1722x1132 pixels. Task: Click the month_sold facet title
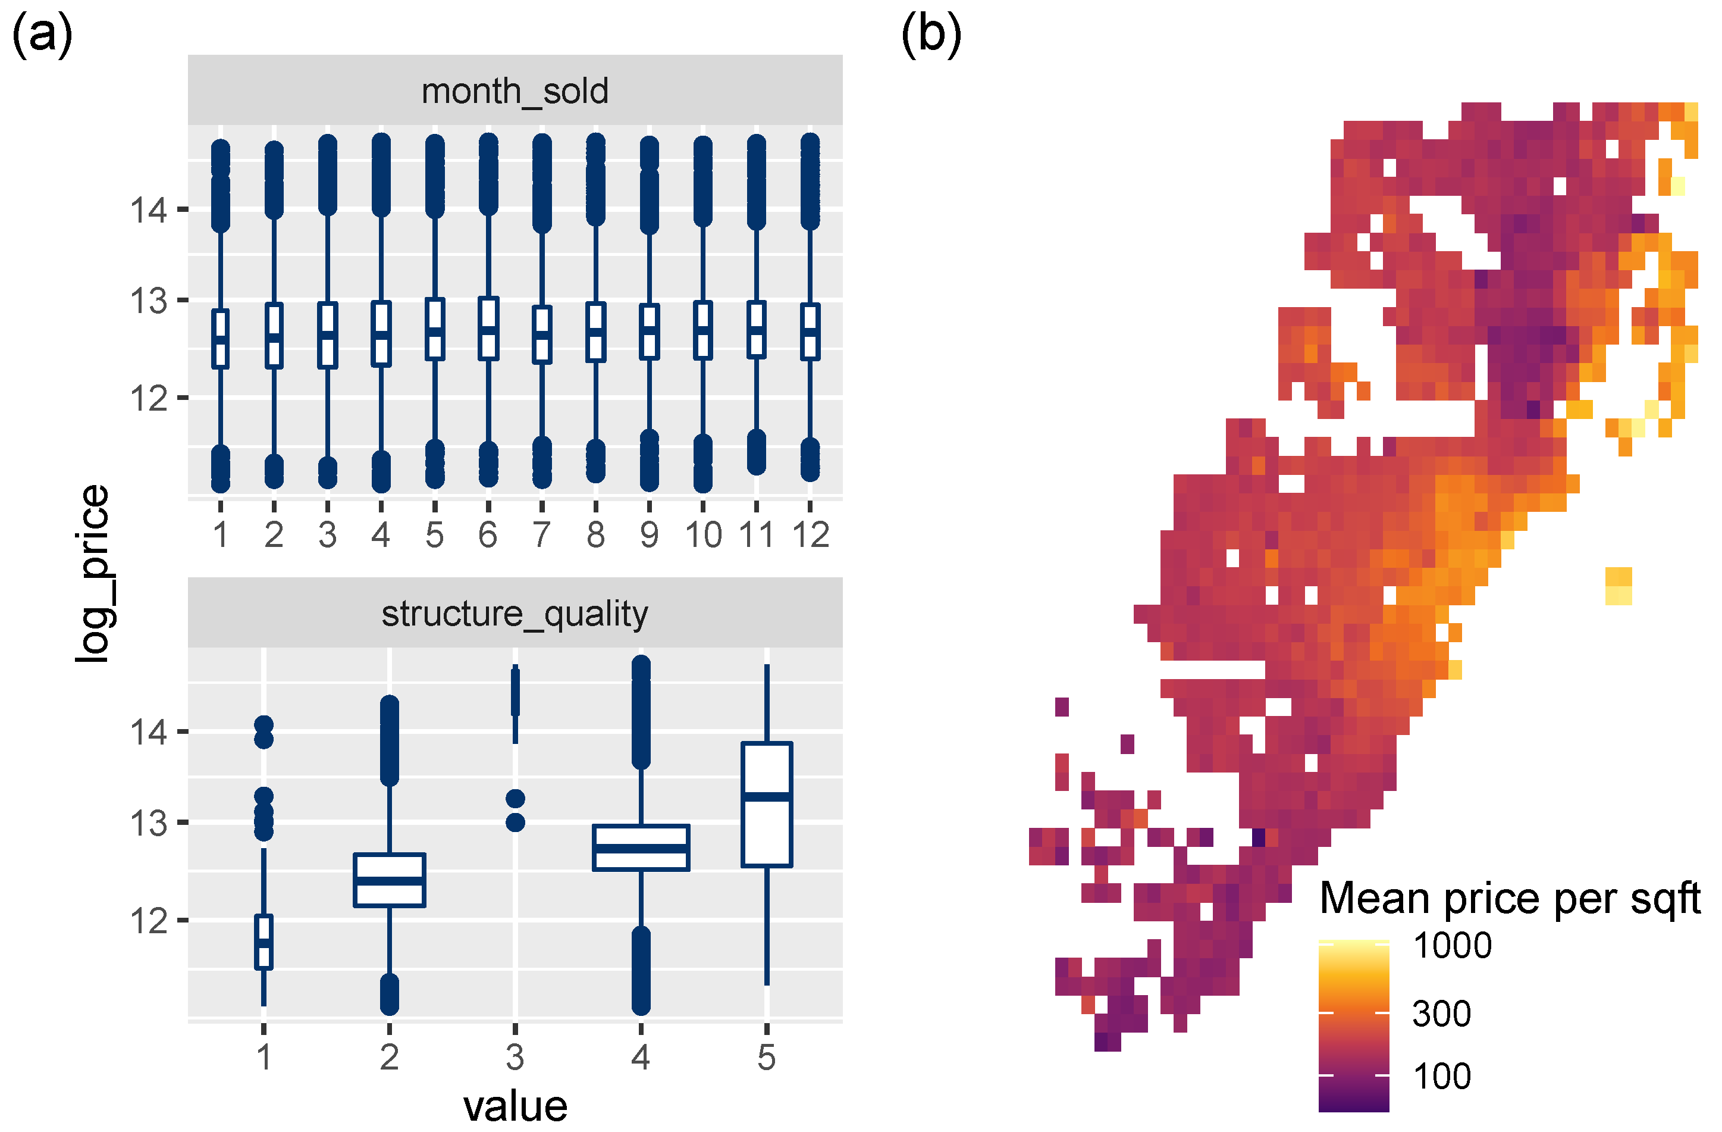click(x=515, y=91)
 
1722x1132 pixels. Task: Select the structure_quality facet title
click(x=515, y=614)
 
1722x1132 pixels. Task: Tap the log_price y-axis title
click(x=93, y=573)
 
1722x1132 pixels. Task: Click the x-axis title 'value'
click(x=515, y=1106)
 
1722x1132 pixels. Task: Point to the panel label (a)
click(x=42, y=35)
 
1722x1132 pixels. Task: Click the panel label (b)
click(x=930, y=35)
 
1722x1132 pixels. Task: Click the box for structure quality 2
click(x=389, y=880)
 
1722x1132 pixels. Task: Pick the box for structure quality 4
click(x=641, y=848)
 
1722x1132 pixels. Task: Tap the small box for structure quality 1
click(x=264, y=942)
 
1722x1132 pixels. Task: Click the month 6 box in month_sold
click(x=488, y=329)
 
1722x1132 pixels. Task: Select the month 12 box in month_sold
click(x=810, y=332)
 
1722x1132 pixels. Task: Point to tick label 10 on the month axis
click(x=703, y=536)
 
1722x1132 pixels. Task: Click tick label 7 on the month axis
click(x=542, y=536)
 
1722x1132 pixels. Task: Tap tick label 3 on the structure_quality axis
click(x=515, y=1058)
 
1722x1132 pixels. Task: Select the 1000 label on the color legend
click(x=1452, y=946)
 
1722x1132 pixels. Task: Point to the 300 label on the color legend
click(x=1441, y=1014)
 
